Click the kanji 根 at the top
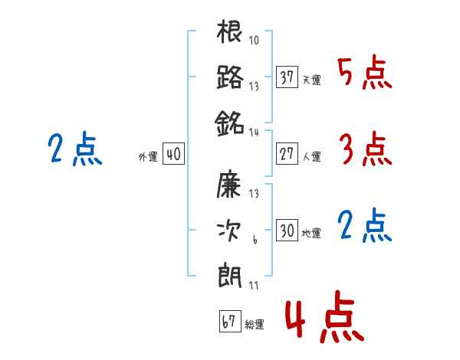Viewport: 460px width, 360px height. point(229,31)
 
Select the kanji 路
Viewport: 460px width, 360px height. point(230,77)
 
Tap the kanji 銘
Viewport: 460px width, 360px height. point(229,123)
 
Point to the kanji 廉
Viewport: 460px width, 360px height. point(228,184)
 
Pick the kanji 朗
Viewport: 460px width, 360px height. point(230,277)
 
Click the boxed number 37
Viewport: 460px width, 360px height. point(287,77)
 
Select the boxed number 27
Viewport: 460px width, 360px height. point(287,154)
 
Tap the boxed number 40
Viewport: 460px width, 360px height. point(173,154)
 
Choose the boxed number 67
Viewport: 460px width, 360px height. point(230,321)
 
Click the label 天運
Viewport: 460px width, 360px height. point(311,80)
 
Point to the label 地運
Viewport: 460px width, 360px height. point(311,234)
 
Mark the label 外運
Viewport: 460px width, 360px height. point(148,157)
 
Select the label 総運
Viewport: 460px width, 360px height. point(255,325)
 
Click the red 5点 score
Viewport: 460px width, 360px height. point(364,73)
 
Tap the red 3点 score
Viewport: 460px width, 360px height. point(366,149)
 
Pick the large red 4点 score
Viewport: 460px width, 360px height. point(324,317)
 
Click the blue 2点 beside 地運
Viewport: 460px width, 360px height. point(364,226)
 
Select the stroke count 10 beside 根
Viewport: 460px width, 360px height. point(254,40)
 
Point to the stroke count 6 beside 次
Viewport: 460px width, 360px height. point(255,240)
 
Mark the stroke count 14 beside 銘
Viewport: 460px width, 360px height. point(254,133)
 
